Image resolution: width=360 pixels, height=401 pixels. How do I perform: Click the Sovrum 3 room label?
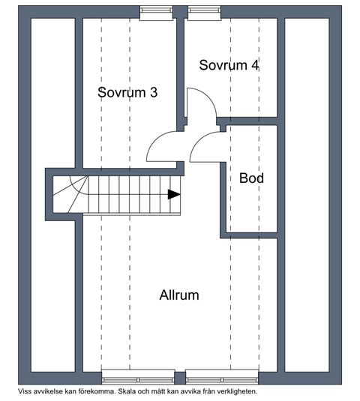[127, 92]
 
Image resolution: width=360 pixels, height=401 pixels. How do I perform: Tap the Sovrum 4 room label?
[229, 65]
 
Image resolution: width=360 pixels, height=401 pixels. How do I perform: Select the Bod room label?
[251, 178]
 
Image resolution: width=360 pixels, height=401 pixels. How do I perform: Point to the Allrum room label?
[179, 295]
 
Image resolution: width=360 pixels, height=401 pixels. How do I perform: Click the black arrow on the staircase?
[174, 194]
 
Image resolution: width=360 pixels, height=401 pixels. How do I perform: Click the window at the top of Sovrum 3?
[156, 13]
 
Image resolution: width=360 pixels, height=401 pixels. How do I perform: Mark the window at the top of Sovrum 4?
[205, 13]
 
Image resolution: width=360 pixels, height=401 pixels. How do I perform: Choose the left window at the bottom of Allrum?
[138, 377]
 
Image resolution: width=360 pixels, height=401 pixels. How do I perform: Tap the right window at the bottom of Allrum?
[222, 377]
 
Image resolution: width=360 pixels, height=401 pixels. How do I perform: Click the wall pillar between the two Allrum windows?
[180, 379]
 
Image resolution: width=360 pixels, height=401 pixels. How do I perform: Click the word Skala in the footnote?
[126, 391]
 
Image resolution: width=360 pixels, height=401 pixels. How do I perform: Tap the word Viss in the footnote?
[23, 391]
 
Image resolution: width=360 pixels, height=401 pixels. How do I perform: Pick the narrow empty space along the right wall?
[307, 195]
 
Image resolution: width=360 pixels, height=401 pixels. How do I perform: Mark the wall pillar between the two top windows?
[180, 12]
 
